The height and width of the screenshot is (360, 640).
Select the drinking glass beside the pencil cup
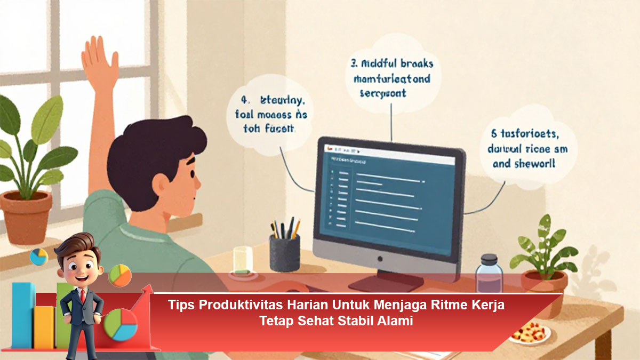[x=243, y=262]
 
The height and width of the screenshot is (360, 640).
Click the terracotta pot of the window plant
[x=26, y=217]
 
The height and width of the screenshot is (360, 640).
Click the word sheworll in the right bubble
[x=535, y=163]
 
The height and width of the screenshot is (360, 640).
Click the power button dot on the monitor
[x=380, y=259]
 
